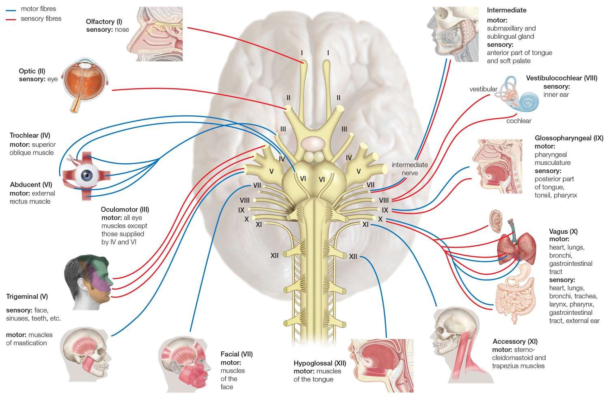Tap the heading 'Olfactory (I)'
point(104,22)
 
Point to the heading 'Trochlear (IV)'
point(30,135)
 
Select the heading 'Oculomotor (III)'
point(125,210)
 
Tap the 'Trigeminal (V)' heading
point(27,297)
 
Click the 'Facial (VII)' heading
point(236,354)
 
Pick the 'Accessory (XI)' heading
point(515,341)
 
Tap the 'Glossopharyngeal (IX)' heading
point(569,138)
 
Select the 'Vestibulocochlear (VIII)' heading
point(561,78)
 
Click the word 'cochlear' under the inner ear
point(518,121)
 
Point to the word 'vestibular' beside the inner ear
point(483,89)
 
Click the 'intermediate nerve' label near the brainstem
point(410,169)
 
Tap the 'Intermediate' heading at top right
point(506,10)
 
